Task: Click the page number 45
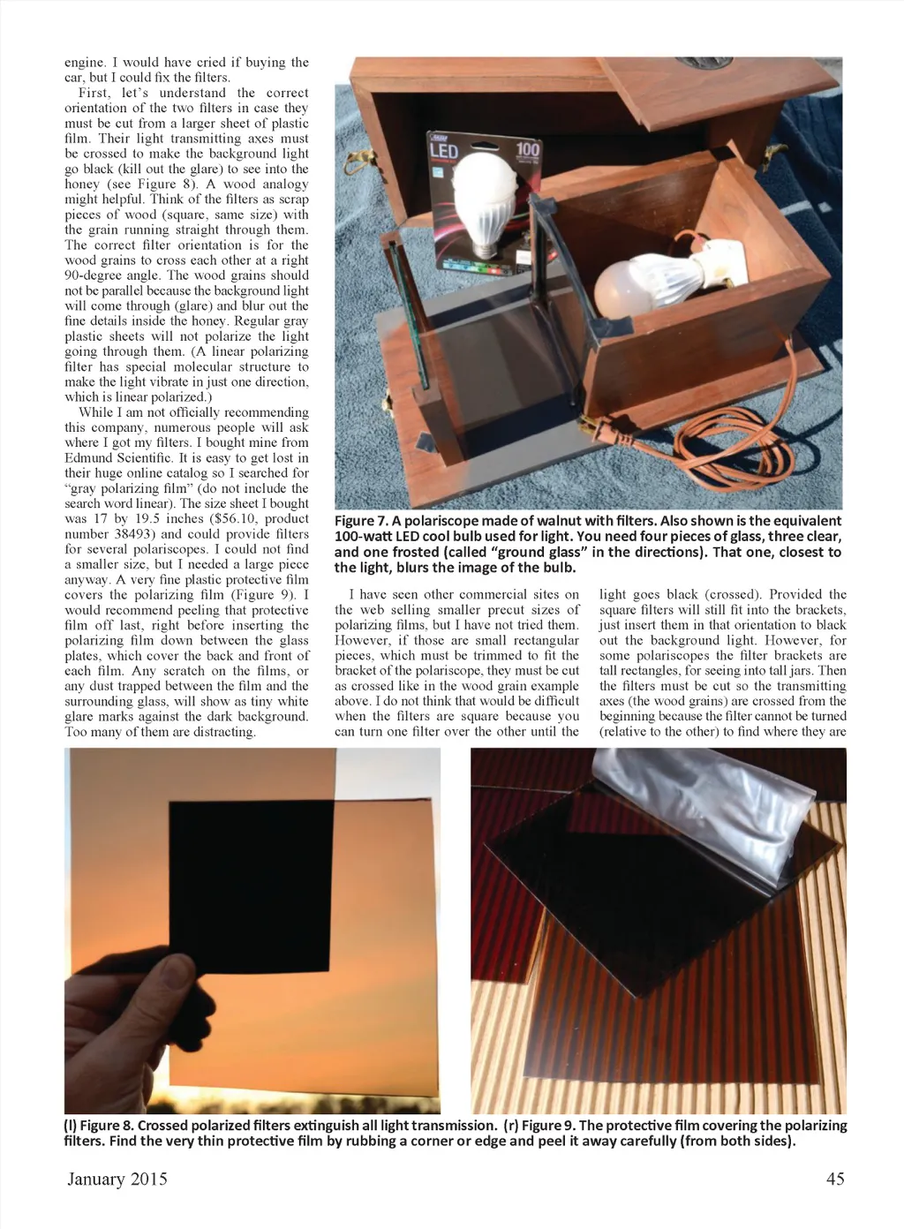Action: pyautogui.click(x=834, y=1179)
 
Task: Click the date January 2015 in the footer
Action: pyautogui.click(x=117, y=1179)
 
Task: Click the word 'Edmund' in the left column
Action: pyautogui.click(x=88, y=458)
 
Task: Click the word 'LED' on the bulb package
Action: pyautogui.click(x=443, y=152)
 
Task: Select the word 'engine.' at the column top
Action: pyautogui.click(x=85, y=63)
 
